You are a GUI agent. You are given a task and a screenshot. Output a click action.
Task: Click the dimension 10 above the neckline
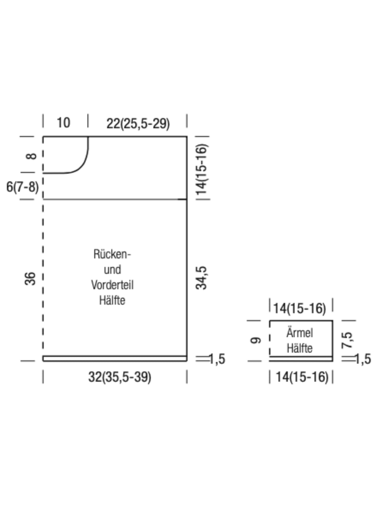pos(64,123)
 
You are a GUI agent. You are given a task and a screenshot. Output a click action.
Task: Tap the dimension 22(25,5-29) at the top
pos(138,124)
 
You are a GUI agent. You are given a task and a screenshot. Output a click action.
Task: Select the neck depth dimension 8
pos(31,156)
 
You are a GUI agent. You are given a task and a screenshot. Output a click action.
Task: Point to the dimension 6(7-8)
pos(23,187)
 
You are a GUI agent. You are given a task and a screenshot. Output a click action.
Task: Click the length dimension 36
pos(30,279)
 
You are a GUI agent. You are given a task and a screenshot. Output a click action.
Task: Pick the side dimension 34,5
pos(201,278)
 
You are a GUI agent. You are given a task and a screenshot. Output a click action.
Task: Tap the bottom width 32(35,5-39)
pos(120,377)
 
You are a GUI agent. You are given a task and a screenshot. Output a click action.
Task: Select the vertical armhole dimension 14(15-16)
pos(202,170)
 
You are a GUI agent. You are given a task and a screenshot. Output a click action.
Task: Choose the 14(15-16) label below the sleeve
pos(302,377)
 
